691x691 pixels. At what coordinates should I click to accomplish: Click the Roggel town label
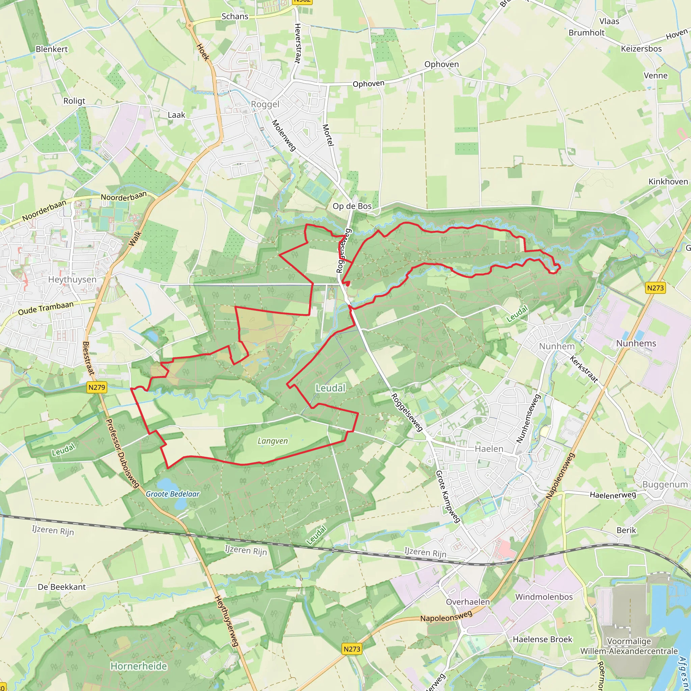[265, 105]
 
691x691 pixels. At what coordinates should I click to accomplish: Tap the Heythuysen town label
[72, 279]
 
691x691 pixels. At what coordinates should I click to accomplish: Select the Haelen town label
[489, 449]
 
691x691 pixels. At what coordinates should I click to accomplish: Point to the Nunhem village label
[557, 346]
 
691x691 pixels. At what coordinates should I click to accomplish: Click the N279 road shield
[97, 387]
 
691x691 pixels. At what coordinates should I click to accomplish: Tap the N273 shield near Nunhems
[656, 288]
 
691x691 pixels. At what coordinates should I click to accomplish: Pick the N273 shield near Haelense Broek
[352, 649]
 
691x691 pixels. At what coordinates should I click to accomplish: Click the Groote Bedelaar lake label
[172, 494]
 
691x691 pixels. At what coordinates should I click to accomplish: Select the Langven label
[273, 441]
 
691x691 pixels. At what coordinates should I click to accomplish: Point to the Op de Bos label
[352, 206]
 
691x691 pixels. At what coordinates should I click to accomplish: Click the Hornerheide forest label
[139, 666]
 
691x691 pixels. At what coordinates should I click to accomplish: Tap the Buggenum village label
[665, 485]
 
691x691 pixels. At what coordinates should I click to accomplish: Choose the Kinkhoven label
[668, 182]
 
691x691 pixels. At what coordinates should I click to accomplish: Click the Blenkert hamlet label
[52, 49]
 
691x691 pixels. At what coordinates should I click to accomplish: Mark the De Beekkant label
[62, 587]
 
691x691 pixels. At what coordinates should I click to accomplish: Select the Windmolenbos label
[544, 597]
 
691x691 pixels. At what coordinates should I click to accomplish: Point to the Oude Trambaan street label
[46, 308]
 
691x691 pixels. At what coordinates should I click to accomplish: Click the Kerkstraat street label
[584, 369]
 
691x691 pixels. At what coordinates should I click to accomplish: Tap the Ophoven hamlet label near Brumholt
[441, 64]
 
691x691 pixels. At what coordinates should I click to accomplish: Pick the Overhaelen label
[468, 602]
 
